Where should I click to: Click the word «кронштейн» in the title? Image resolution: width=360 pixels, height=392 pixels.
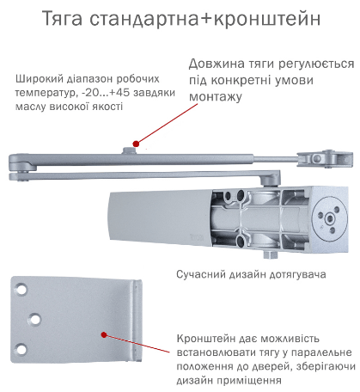tap(267, 19)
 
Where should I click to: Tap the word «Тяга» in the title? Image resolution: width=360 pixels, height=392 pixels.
tap(63, 19)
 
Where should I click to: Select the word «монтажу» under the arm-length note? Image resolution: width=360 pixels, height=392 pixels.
tap(216, 96)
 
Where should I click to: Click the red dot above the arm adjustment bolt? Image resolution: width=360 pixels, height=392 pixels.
tap(136, 144)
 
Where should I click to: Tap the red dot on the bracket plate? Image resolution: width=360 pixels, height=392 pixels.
tap(104, 334)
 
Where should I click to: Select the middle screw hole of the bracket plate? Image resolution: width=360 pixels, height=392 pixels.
tap(35, 319)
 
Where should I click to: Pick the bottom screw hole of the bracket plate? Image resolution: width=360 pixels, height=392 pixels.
tap(21, 349)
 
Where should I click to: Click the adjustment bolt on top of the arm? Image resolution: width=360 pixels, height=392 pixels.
tap(129, 150)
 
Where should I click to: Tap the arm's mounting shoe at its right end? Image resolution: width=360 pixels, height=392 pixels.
tap(325, 158)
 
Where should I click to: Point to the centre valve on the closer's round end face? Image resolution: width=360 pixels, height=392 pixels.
tap(330, 219)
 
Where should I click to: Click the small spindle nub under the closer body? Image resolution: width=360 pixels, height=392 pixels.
tap(271, 254)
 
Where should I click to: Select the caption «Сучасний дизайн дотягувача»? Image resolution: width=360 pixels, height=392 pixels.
tap(251, 274)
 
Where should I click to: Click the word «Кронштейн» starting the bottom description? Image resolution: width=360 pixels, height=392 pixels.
tap(205, 339)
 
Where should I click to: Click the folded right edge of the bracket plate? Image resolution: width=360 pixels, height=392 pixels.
tap(137, 320)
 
